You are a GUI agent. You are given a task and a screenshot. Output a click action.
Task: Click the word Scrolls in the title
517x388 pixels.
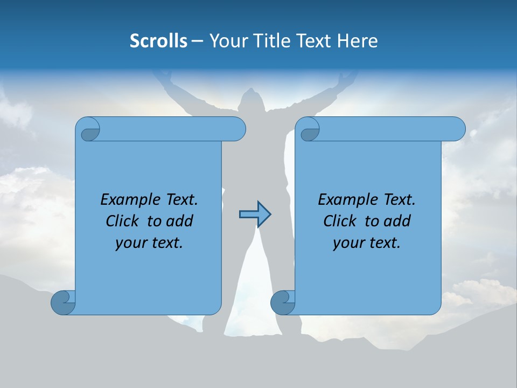158,41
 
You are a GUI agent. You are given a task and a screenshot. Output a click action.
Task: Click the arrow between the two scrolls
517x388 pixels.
255,214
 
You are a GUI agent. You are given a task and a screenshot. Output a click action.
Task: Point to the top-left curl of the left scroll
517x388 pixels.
90,130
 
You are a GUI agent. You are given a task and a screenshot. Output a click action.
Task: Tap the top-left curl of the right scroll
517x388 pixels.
310,130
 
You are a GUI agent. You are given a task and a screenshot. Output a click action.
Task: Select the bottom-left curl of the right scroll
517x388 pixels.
283,302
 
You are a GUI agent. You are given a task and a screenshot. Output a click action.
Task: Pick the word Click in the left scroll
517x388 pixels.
123,221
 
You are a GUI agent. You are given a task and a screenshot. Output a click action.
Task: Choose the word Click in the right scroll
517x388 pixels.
340,221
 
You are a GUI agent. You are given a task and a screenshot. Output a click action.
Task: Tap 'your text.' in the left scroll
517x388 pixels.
149,242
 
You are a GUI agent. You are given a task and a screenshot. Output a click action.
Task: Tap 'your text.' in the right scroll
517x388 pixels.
367,242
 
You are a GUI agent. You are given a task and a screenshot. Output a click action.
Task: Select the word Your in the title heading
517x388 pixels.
226,41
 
